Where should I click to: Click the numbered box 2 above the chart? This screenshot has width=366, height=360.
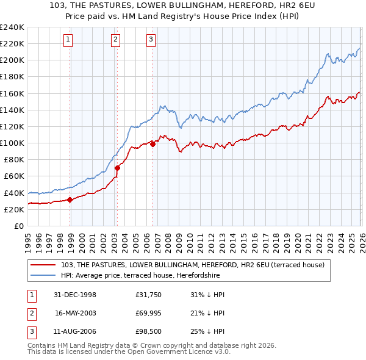tap(115, 40)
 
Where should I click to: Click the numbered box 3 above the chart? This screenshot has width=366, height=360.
tap(151, 40)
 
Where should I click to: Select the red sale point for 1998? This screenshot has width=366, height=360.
tap(70, 199)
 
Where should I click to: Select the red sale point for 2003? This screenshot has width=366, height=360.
tap(117, 168)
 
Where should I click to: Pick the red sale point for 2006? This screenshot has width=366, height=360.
tap(152, 144)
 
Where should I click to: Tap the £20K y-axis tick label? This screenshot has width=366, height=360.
tap(14, 209)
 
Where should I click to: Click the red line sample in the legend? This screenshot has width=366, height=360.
tap(43, 265)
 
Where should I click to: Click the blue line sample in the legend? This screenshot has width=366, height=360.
tap(43, 275)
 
